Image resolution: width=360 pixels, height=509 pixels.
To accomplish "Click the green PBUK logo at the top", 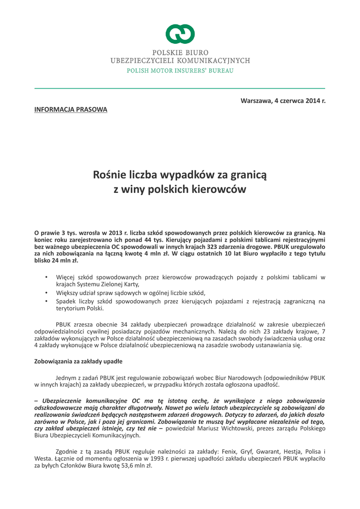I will pos(180,34).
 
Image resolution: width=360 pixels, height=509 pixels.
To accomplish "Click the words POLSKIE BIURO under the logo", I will pos(180,52).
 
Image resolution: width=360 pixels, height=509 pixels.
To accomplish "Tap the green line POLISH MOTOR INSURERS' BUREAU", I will pos(180,71).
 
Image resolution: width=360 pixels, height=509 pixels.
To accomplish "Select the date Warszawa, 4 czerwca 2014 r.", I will pos(283,100).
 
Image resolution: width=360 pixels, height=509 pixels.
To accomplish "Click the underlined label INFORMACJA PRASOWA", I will pos(71,109).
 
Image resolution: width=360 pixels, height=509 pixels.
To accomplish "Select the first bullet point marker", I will pos(46,276).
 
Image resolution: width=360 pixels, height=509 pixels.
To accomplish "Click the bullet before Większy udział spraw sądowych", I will pos(46,293).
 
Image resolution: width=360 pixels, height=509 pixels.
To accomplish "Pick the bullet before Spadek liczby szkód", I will pos(46,301).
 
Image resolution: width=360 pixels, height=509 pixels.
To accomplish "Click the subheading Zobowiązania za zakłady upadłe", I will pos(78,361).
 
